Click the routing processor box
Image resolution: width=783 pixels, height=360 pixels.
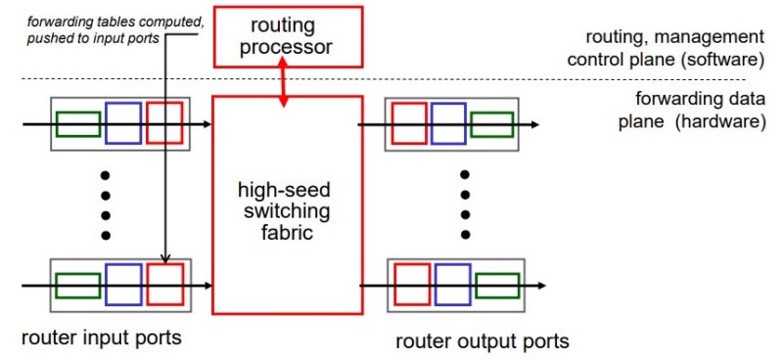284,36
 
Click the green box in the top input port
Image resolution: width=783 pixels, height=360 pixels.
77,124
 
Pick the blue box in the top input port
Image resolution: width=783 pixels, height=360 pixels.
123,123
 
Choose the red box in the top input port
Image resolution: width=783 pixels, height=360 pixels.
164,123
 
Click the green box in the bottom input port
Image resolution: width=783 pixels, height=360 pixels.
77,286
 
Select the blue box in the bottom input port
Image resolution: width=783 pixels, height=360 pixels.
123,285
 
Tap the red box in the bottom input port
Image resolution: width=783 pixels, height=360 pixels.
164,285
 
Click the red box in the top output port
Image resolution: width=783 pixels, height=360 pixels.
408,124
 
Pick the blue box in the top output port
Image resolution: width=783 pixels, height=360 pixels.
448,124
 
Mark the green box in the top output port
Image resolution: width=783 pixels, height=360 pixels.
491,124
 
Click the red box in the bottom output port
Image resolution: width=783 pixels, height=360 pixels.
408,285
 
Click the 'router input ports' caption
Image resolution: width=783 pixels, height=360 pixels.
101,337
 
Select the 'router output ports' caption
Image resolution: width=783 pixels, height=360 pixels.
482,341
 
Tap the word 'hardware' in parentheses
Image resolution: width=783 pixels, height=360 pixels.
718,123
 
